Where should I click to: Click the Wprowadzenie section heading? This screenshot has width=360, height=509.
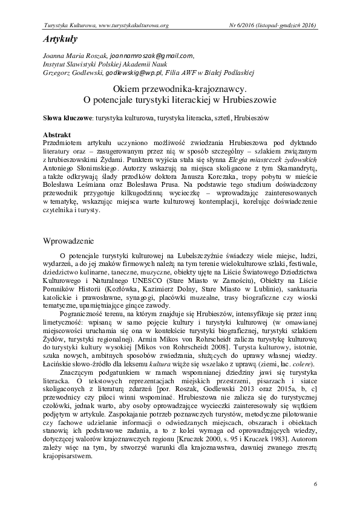pyautogui.click(x=74, y=240)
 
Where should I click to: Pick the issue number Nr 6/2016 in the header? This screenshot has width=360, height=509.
pyautogui.click(x=241, y=25)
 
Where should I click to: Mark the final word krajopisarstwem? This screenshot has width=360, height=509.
pyautogui.click(x=71, y=457)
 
